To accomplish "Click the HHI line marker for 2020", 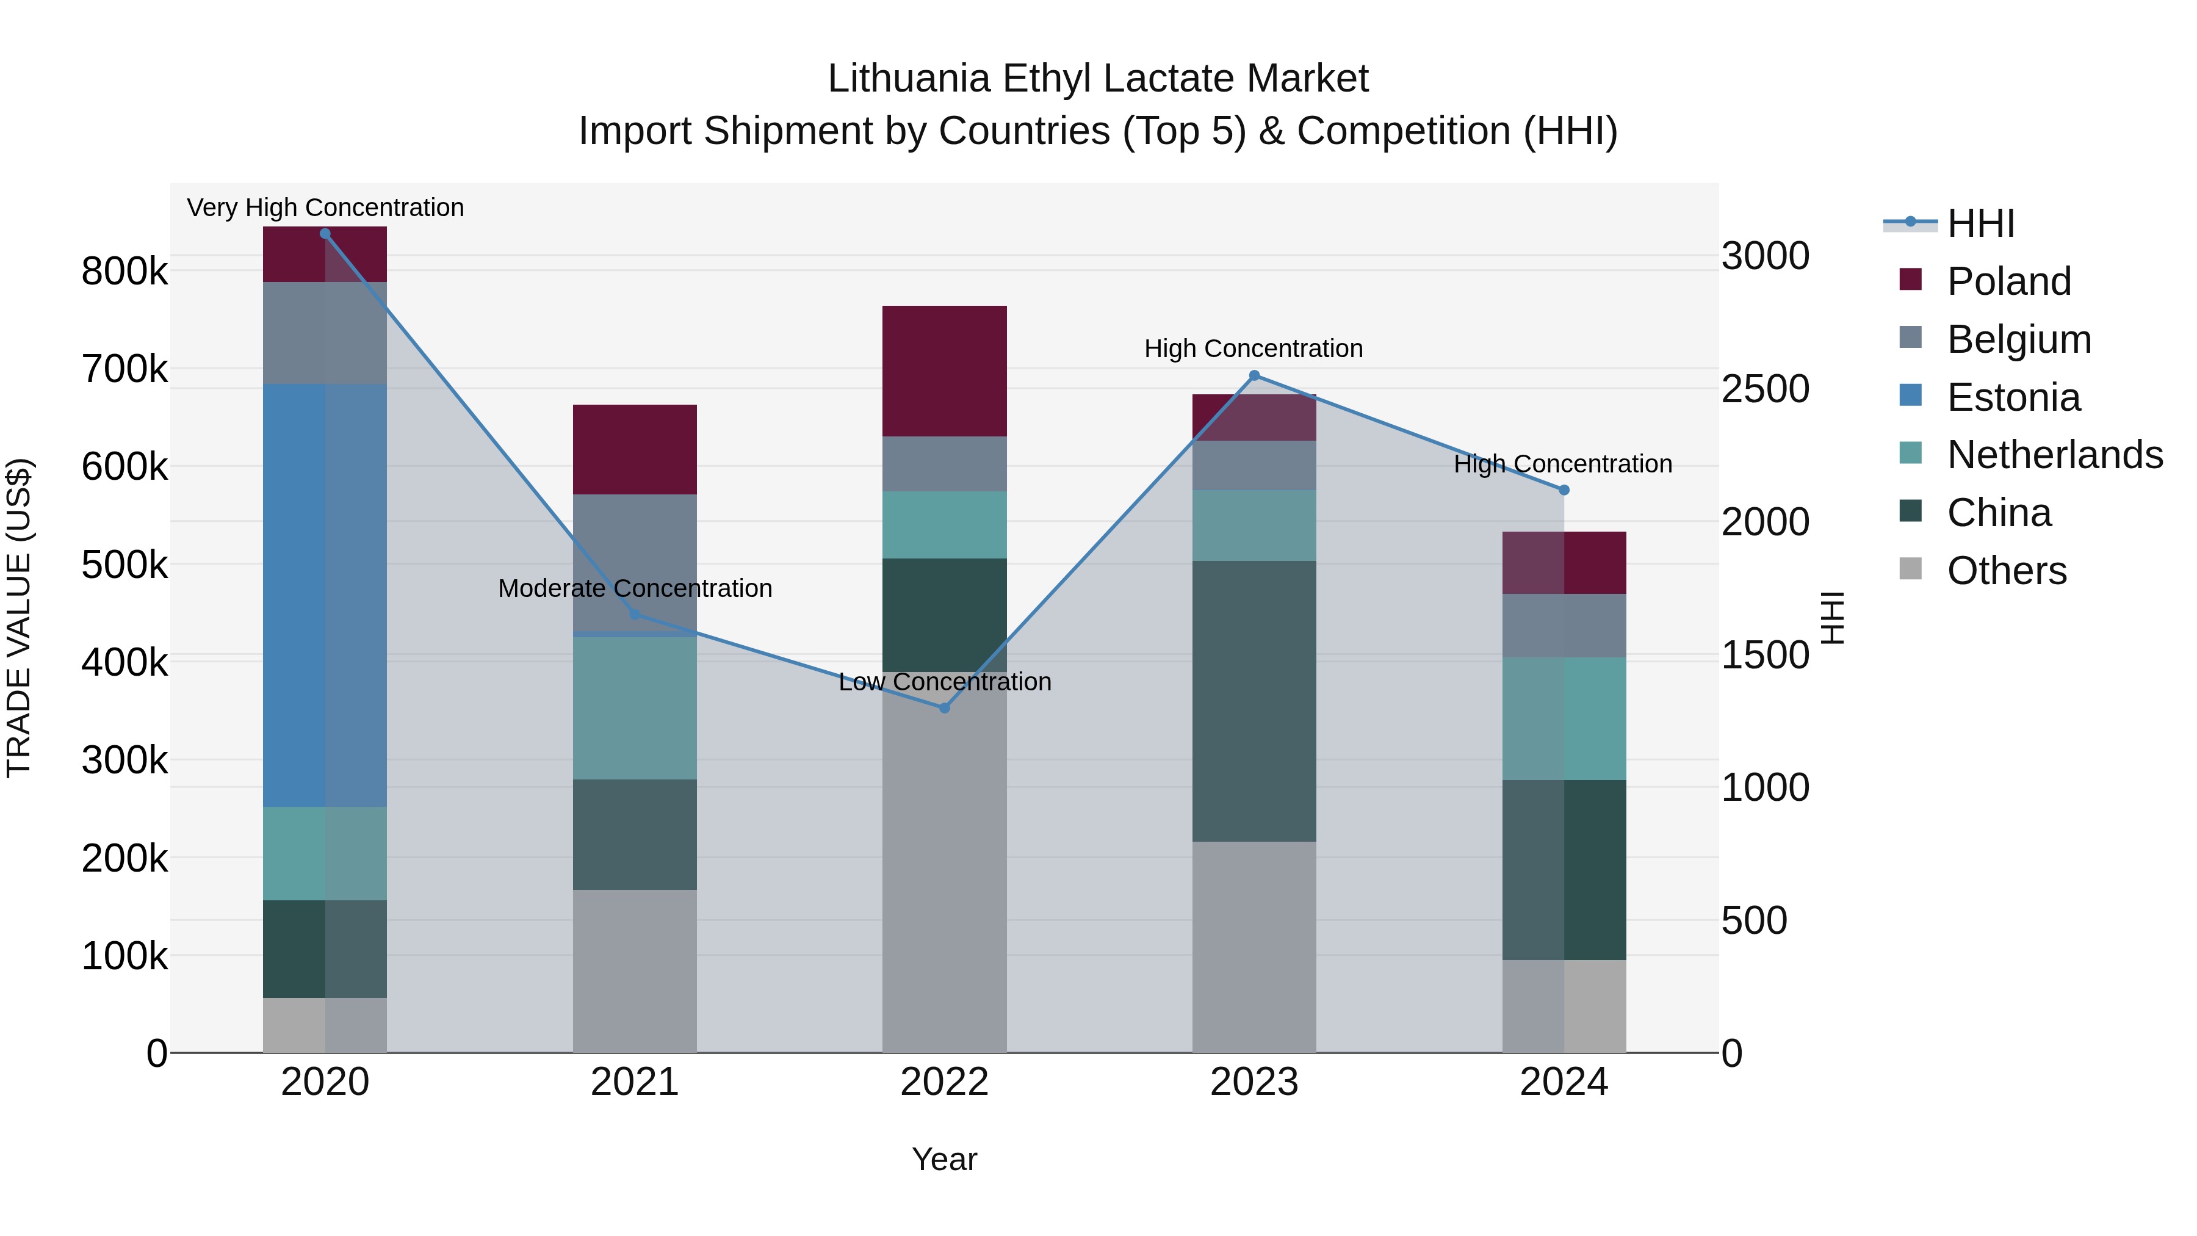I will (x=325, y=234).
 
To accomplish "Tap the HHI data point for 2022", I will (x=944, y=708).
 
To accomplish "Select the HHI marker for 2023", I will (x=1254, y=375).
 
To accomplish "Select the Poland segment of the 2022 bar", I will (x=944, y=371).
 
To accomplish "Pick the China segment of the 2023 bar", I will (x=1254, y=701).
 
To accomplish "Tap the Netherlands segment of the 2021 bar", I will (x=635, y=708).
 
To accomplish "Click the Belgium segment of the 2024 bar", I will (x=1564, y=625).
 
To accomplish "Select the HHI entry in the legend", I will (x=1980, y=223).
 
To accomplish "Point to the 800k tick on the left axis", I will (x=124, y=272).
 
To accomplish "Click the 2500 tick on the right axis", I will (x=1764, y=389).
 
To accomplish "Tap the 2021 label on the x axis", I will (x=635, y=1082).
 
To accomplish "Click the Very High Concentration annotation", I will (x=325, y=208).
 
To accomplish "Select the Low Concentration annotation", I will (x=944, y=682).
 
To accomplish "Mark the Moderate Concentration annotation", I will (x=635, y=588).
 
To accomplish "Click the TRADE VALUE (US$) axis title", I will (x=19, y=618).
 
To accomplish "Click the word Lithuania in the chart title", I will (x=909, y=79).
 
